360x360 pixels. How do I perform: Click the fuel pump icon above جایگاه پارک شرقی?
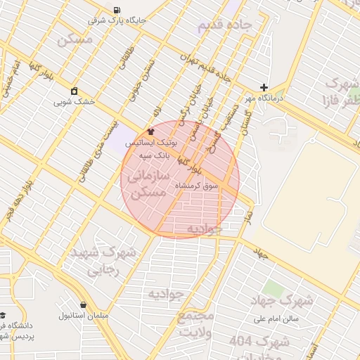pos(115,10)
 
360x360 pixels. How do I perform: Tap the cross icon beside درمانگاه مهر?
pos(264,88)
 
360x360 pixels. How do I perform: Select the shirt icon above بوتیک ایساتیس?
pos(150,131)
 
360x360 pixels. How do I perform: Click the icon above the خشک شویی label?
pos(74,91)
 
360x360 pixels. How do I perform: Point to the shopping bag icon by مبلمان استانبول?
pos(84,305)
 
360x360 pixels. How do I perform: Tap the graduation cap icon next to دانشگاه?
pos(3,315)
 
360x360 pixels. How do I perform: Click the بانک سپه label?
pos(154,154)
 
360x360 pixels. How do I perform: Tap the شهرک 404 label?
pos(259,343)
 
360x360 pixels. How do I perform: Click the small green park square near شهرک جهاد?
pos(272,288)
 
